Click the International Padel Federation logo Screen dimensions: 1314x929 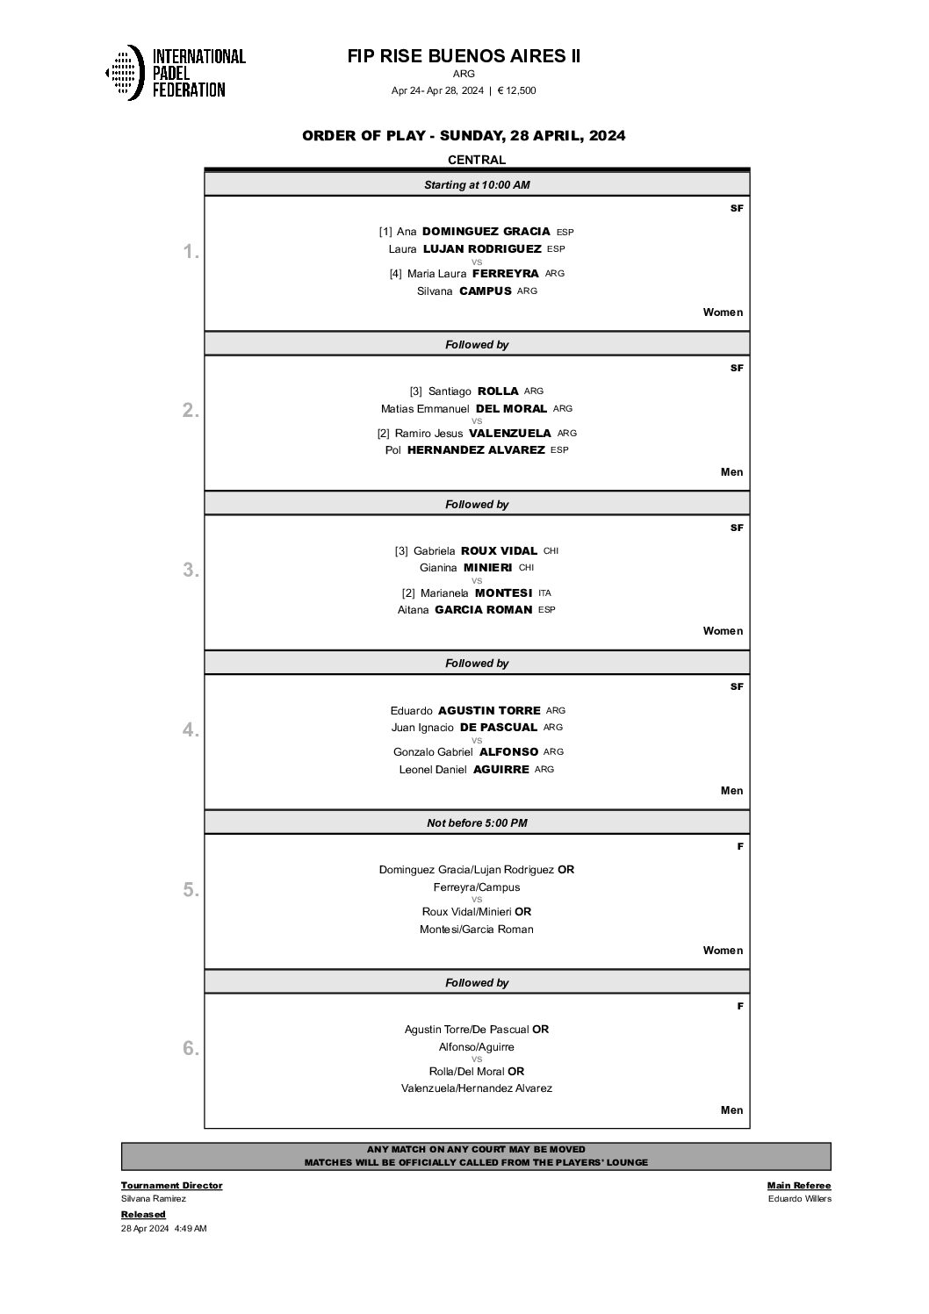pyautogui.click(x=175, y=73)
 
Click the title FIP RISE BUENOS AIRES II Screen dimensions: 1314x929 pyautogui.click(x=464, y=56)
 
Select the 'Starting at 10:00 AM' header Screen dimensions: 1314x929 pyautogui.click(x=477, y=185)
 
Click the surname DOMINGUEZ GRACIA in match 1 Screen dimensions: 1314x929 pyautogui.click(x=486, y=232)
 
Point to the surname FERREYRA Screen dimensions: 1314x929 pyautogui.click(x=505, y=274)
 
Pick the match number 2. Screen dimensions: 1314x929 pyautogui.click(x=191, y=411)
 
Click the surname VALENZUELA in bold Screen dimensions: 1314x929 pyautogui.click(x=510, y=434)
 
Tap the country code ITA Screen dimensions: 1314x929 pyautogui.click(x=544, y=593)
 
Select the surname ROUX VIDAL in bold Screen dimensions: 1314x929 pyautogui.click(x=499, y=551)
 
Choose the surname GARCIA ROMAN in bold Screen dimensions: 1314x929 pyautogui.click(x=484, y=610)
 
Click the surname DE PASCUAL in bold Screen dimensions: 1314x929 pyautogui.click(x=499, y=728)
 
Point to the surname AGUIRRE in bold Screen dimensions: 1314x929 pyautogui.click(x=501, y=770)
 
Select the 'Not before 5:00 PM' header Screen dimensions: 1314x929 pyautogui.click(x=477, y=823)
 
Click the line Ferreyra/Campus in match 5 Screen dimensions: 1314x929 pyautogui.click(x=477, y=887)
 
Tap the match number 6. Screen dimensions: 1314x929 pyautogui.click(x=191, y=1049)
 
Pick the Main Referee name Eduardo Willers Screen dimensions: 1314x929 pyautogui.click(x=799, y=1199)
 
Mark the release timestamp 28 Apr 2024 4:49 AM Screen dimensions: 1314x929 pyautogui.click(x=164, y=1229)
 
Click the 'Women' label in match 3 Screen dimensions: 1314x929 pyautogui.click(x=723, y=631)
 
